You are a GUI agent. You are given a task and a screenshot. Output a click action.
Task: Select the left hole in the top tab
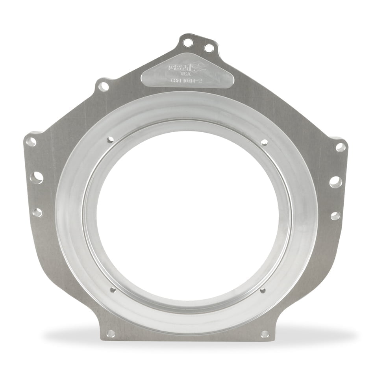click(x=188, y=42)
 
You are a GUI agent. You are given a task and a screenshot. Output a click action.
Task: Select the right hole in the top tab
click(x=209, y=48)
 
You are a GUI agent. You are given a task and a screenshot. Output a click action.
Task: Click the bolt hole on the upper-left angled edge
click(x=103, y=86)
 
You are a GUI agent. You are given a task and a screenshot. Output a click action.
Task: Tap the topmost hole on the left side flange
click(x=31, y=142)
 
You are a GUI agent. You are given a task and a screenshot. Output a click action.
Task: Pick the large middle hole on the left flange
click(x=37, y=178)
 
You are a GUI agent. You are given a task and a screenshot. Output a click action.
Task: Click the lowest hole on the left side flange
click(x=37, y=213)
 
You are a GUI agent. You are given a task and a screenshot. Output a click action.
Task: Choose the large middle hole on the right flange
click(x=335, y=182)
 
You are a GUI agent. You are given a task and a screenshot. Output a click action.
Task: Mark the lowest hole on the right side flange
click(x=335, y=216)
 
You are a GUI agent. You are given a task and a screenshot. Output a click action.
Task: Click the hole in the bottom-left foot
click(x=111, y=333)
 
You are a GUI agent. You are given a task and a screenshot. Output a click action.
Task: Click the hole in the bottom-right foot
click(x=265, y=334)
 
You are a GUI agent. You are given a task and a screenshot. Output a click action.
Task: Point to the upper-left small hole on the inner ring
click(x=110, y=139)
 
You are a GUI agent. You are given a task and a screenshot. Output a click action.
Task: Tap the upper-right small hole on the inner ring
click(x=264, y=142)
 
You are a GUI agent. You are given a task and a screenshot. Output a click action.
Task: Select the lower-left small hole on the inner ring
click(x=113, y=290)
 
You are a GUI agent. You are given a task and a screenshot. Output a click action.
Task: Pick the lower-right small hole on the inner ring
click(x=263, y=291)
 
